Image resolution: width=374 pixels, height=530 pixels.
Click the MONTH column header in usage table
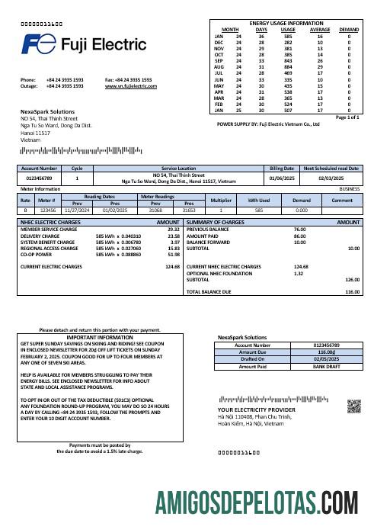(230, 30)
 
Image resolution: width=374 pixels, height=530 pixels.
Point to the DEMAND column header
(349, 30)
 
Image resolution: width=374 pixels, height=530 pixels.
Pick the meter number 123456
(48, 209)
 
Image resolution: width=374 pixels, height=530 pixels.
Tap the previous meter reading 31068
(155, 209)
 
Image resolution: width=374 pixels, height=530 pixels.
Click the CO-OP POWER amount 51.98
(173, 254)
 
